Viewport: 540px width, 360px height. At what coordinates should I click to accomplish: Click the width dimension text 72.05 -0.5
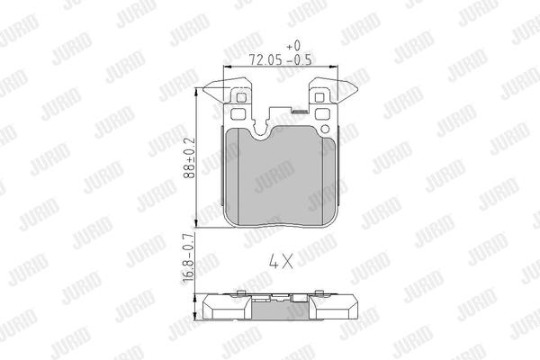[x=278, y=60]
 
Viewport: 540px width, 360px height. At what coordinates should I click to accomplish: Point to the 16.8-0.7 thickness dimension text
[x=189, y=262]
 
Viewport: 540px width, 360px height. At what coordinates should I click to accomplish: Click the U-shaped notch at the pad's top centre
[x=271, y=129]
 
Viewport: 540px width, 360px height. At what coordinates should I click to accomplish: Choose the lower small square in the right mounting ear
[x=321, y=114]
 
